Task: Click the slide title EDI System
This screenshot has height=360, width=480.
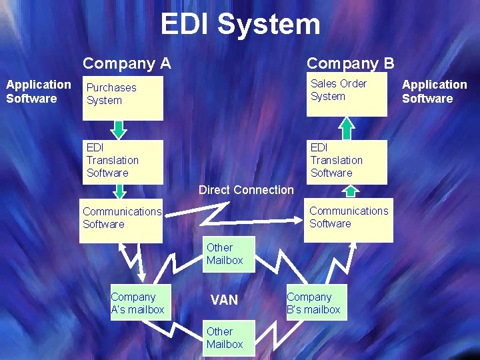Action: tap(240, 25)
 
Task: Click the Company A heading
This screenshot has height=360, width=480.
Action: tap(127, 64)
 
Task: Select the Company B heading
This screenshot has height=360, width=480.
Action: tap(350, 64)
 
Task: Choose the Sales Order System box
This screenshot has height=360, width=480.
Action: tap(347, 95)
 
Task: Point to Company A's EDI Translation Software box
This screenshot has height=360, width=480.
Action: tap(123, 161)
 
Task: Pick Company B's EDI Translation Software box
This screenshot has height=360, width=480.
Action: tap(347, 161)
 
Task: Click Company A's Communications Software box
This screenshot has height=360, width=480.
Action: tap(122, 220)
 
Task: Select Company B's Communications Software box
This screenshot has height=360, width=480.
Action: tap(349, 220)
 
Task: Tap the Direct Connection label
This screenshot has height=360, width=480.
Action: tap(246, 190)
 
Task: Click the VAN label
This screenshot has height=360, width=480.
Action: tap(224, 300)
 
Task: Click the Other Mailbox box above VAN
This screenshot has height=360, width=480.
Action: tap(229, 254)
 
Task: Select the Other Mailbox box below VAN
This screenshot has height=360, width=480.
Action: tap(229, 338)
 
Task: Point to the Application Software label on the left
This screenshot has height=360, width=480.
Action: tap(38, 91)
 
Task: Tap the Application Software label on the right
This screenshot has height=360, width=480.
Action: tap(434, 91)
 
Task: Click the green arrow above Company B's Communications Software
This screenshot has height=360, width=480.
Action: tap(351, 191)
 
